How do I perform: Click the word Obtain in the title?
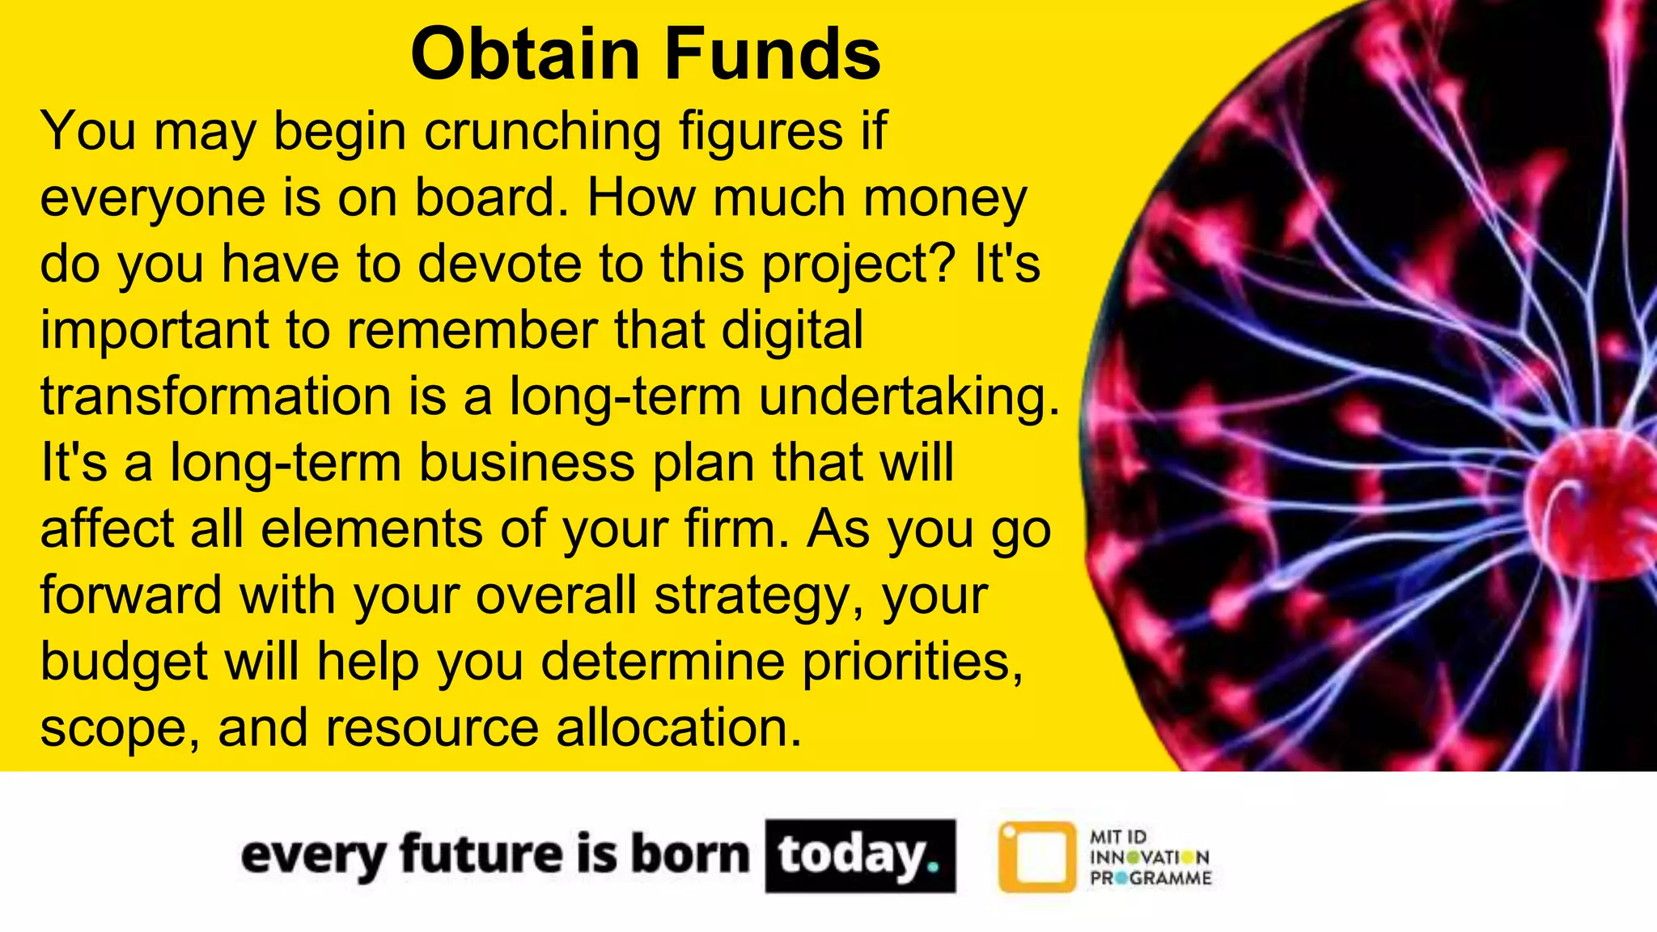[x=525, y=54]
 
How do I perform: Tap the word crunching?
[x=542, y=131]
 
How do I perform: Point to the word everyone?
[x=152, y=198]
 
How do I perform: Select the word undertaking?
[x=907, y=397]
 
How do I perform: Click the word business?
[x=526, y=464]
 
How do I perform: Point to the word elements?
[x=371, y=530]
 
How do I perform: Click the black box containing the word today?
[x=859, y=856]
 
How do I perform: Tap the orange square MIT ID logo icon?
[x=1037, y=857]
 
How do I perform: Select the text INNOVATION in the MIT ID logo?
[x=1149, y=858]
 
